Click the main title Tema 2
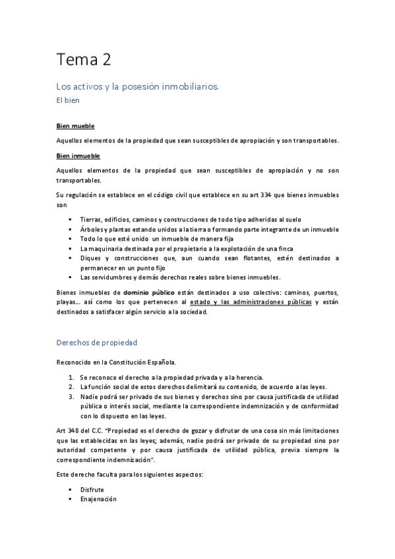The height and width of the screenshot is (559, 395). (x=83, y=61)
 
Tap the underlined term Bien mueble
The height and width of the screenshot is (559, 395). (x=75, y=125)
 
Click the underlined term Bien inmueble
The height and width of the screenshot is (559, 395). (x=78, y=156)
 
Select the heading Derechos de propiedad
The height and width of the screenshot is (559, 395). (x=96, y=343)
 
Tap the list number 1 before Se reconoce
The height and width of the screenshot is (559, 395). (x=72, y=376)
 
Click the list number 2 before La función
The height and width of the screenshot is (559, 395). (x=72, y=386)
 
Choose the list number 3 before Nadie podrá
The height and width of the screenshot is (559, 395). (x=72, y=397)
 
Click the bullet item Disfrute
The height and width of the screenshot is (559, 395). (x=92, y=489)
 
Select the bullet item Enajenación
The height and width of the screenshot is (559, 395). (x=98, y=499)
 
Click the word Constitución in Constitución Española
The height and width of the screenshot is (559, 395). (x=129, y=363)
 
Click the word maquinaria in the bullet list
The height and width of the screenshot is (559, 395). (x=106, y=249)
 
